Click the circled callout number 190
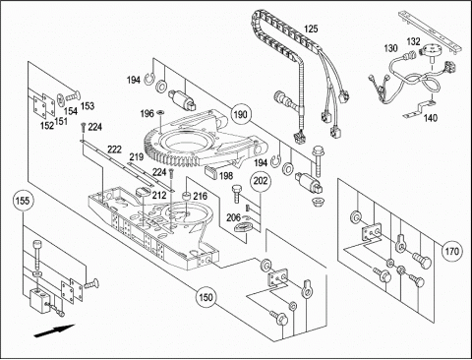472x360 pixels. click(x=240, y=114)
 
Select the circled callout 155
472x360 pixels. click(x=23, y=201)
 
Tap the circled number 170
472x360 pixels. click(x=451, y=252)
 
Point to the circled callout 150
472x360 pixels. click(x=206, y=297)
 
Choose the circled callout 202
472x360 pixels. click(x=261, y=180)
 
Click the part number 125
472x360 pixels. click(x=311, y=29)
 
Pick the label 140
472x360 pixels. click(x=431, y=118)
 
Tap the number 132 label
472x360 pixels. click(x=413, y=41)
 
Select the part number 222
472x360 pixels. click(x=115, y=150)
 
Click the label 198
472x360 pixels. click(x=226, y=176)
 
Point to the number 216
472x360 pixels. click(x=200, y=197)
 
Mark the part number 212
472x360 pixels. click(x=159, y=196)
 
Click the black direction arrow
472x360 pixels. click(x=54, y=330)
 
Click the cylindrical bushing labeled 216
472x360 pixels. click(x=187, y=196)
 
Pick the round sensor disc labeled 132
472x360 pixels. click(x=431, y=52)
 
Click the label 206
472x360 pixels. click(x=233, y=217)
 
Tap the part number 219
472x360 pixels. click(x=136, y=157)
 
